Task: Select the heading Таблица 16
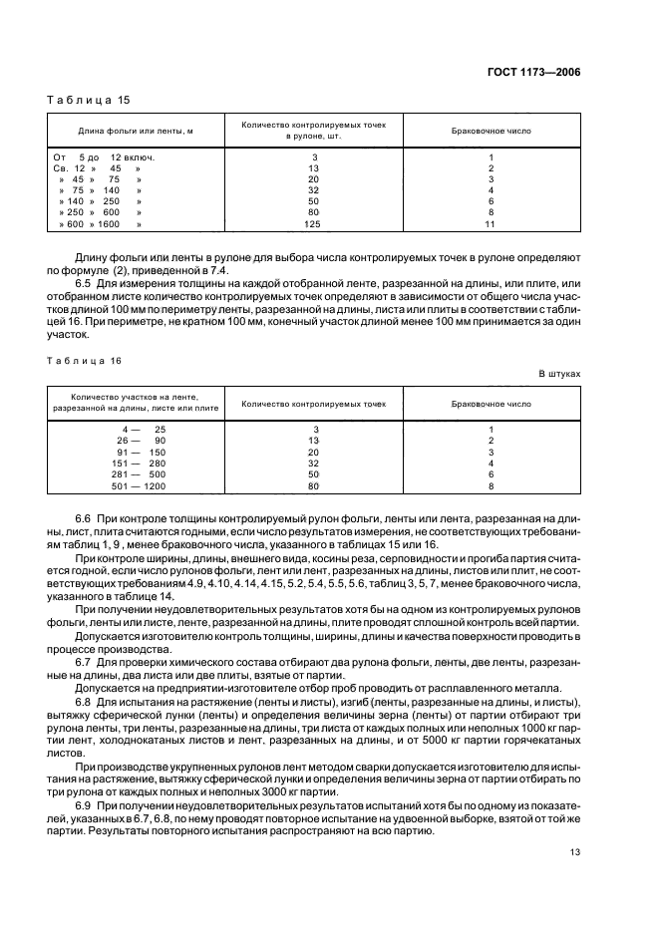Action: [76, 356]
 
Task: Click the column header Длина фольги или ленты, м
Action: [136, 131]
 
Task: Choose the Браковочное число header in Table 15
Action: [491, 131]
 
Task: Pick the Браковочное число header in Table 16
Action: [491, 404]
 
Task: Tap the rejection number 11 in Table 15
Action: [491, 223]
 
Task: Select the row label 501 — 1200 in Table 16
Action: [142, 485]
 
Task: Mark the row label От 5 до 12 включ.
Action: [104, 157]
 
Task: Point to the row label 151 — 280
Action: [142, 463]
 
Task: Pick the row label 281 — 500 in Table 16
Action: [142, 474]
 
